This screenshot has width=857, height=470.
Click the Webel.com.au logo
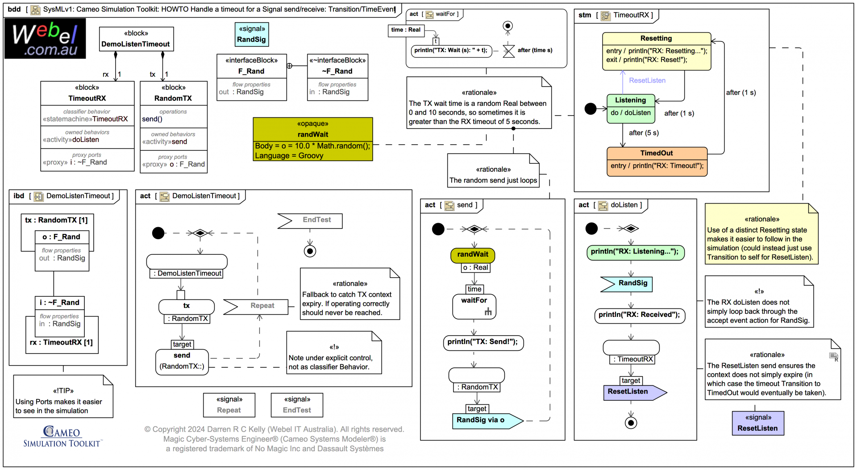pos(45,38)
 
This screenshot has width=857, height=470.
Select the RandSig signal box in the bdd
pos(251,35)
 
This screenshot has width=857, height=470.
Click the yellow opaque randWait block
pos(312,139)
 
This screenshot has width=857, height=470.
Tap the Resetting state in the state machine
pos(656,51)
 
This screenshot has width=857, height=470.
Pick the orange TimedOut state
pos(657,161)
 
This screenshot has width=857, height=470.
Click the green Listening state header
pos(630,100)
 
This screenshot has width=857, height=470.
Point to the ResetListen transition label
pos(647,80)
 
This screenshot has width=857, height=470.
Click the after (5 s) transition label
pos(643,133)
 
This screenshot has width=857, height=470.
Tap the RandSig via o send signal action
pos(487,420)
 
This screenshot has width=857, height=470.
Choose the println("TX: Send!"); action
pos(483,342)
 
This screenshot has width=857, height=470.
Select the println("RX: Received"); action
pos(639,315)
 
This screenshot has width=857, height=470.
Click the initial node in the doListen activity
pos(591,229)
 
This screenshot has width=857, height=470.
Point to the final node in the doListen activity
pos(631,422)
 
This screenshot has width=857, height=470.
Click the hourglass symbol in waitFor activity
pos(508,50)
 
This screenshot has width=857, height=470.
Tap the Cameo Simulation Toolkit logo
pos(62,437)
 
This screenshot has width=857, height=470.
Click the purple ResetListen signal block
pos(757,423)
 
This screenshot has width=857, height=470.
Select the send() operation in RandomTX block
pos(153,119)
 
